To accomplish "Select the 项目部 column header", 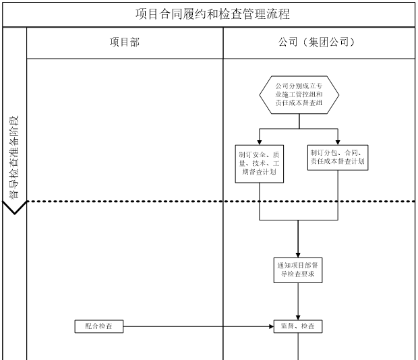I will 125,42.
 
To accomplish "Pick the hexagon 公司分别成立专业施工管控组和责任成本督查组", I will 298,95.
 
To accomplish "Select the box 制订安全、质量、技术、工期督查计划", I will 260,162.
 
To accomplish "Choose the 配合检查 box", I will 99,326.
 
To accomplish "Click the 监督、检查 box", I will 297,326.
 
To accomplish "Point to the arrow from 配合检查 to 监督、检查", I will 196,326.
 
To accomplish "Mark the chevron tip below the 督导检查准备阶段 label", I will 15,212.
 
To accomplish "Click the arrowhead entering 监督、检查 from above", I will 298,316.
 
